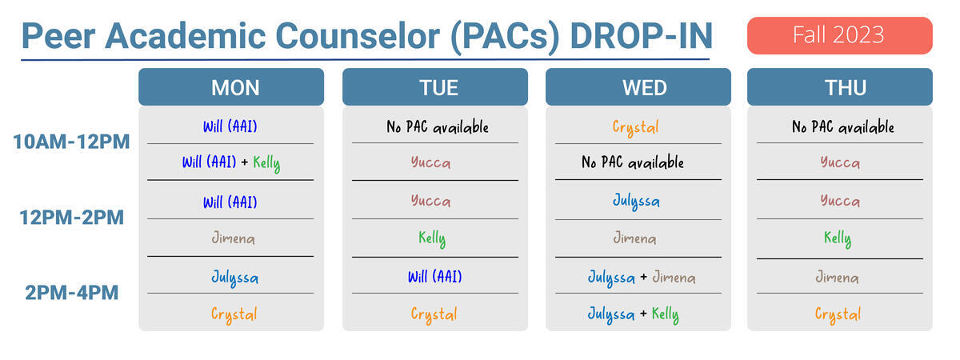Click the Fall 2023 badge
point(839,35)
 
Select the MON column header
point(231,87)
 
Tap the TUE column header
point(435,87)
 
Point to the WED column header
point(638,87)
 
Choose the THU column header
point(839,87)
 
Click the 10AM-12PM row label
point(71,142)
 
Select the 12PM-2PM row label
point(71,218)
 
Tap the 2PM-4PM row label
point(71,293)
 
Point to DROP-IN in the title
point(642,36)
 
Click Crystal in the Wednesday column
point(635,127)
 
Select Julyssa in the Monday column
point(235,278)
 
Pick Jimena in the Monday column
point(233,238)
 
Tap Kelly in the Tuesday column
point(432,238)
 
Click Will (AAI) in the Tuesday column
point(435,277)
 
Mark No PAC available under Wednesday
point(633,162)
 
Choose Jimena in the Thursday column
point(837,278)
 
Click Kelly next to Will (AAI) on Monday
point(266,163)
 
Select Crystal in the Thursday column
point(838,314)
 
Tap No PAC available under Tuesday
point(438,127)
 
